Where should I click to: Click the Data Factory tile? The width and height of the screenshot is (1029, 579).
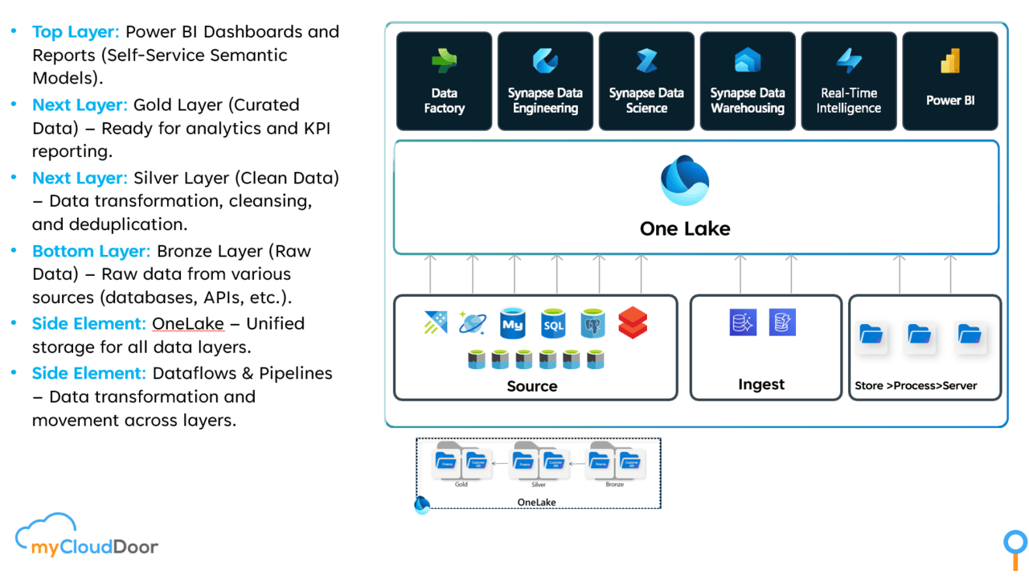pos(444,81)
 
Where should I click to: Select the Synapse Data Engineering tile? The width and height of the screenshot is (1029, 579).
pos(545,81)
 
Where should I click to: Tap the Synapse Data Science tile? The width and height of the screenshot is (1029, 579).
pos(646,81)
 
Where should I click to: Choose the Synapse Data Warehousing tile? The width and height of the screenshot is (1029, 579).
pos(748,81)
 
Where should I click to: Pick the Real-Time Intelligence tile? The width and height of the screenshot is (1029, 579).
pos(849,81)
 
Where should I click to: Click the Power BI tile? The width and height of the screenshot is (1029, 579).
pos(950,81)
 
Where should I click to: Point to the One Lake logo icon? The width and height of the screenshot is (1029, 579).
pos(685,181)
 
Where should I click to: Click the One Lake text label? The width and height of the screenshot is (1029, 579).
pos(685,229)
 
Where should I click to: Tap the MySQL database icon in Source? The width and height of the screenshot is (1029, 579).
pos(512,323)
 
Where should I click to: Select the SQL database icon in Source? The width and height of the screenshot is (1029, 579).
pos(553,323)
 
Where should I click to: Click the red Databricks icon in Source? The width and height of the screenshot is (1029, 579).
pos(633,323)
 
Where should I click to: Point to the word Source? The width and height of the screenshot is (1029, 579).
pos(532,386)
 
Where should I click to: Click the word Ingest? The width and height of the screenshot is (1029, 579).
pos(761,384)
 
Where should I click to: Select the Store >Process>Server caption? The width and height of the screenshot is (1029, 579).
pos(916,386)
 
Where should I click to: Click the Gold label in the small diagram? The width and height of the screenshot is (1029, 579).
pos(461,485)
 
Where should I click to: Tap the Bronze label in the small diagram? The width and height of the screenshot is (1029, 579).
pos(614,485)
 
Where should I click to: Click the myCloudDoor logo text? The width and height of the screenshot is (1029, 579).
pos(95,548)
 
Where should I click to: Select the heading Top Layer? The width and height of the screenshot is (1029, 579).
pos(76,32)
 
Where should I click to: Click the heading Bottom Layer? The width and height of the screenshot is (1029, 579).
pos(91,251)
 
